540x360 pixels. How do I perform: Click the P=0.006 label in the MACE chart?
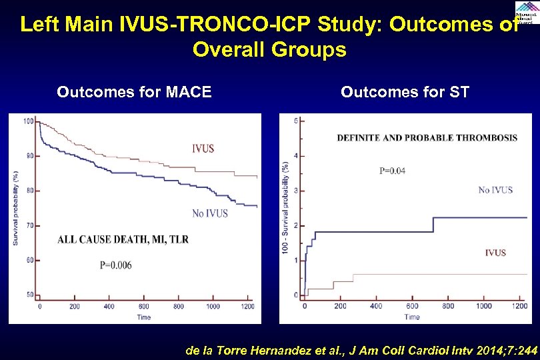click(x=115, y=265)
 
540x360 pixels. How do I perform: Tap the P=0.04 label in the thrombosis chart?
click(x=392, y=171)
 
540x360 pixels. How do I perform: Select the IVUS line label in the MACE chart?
click(x=203, y=148)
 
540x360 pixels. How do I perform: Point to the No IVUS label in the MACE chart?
click(x=209, y=213)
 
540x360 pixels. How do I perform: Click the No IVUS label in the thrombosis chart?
click(x=495, y=190)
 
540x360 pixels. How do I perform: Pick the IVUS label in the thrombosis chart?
click(x=495, y=253)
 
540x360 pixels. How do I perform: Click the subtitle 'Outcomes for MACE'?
click(x=134, y=92)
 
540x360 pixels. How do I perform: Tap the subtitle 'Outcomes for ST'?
click(x=405, y=92)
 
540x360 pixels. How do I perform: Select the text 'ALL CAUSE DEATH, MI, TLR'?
click(x=123, y=239)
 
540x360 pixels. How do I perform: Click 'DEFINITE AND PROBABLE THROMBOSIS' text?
click(x=427, y=138)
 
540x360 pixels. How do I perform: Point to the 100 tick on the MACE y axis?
click(x=29, y=121)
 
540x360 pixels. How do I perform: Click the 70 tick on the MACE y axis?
click(x=30, y=225)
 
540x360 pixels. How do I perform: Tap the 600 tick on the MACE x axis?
click(x=143, y=307)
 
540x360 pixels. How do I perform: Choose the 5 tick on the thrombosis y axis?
click(x=295, y=121)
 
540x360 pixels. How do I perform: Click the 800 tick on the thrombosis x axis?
click(x=448, y=307)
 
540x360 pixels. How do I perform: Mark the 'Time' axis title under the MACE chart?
click(x=143, y=317)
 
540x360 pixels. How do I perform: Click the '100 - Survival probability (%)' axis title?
click(x=286, y=207)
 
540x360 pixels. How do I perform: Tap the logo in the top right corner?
click(x=525, y=12)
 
